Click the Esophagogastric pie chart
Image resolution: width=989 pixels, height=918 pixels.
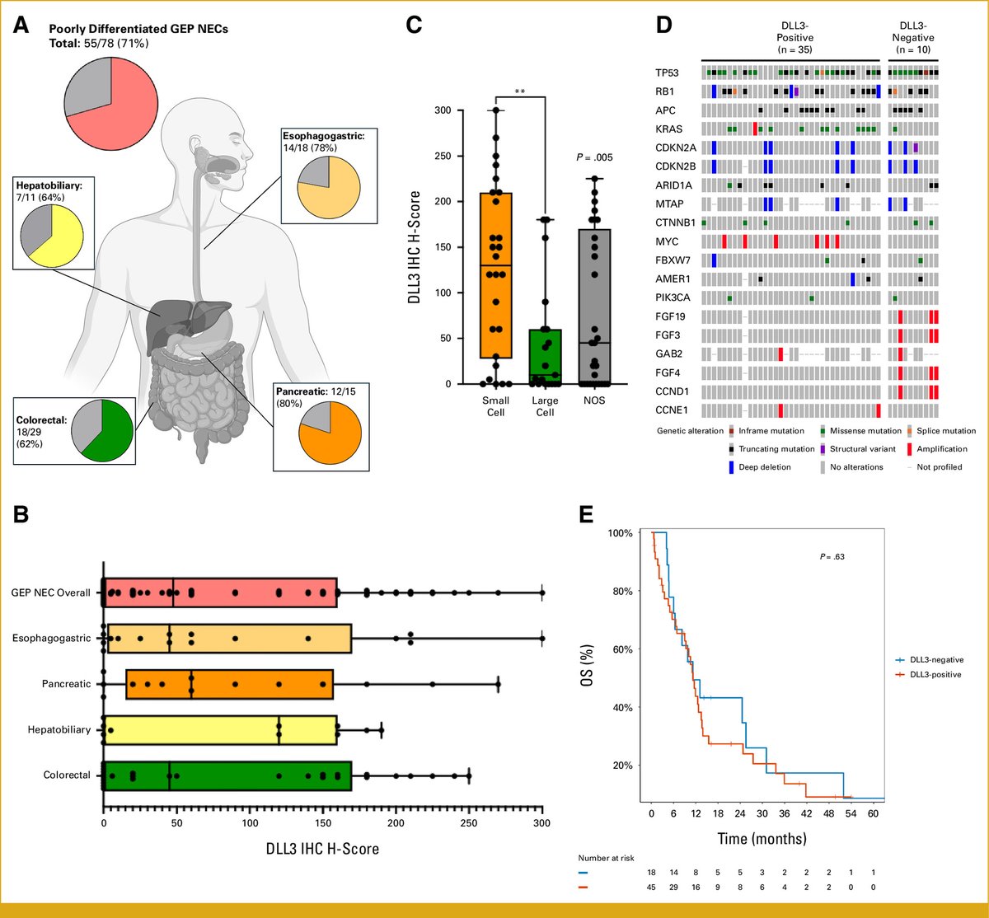(x=328, y=183)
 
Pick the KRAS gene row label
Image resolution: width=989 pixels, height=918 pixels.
(x=670, y=129)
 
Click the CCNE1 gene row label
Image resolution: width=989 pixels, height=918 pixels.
(x=671, y=410)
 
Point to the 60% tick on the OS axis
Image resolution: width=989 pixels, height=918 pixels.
(x=622, y=649)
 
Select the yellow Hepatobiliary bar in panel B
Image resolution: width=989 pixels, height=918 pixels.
(x=219, y=729)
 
